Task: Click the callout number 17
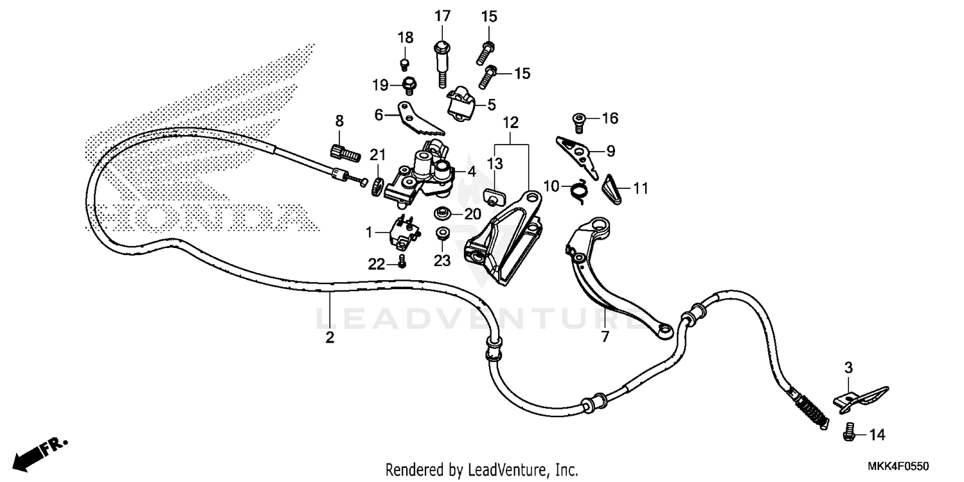pyautogui.click(x=442, y=16)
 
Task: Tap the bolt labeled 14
pyautogui.click(x=848, y=435)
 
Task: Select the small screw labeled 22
pyautogui.click(x=402, y=261)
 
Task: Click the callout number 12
pyautogui.click(x=510, y=121)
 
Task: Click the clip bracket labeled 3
pyautogui.click(x=860, y=397)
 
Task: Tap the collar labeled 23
pyautogui.click(x=442, y=234)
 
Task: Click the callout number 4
pyautogui.click(x=472, y=172)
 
